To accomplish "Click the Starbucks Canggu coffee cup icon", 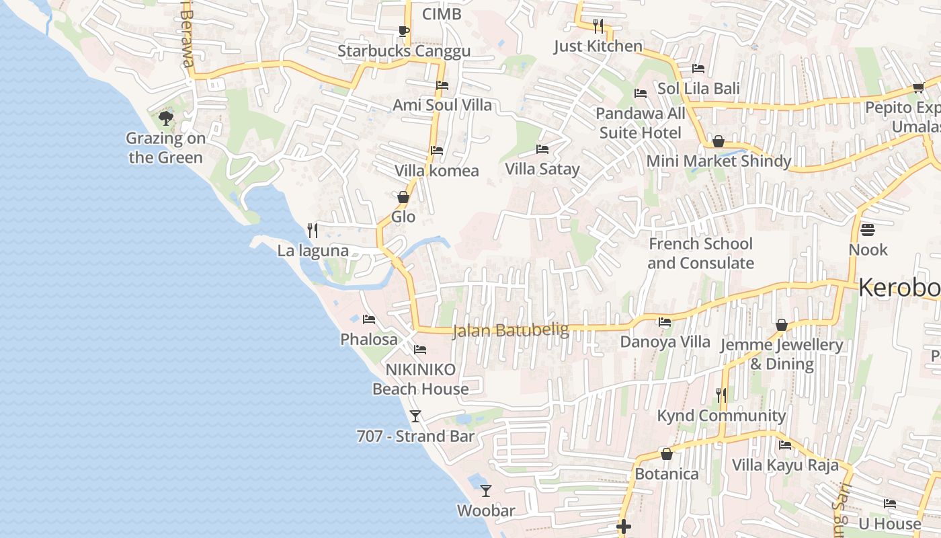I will coord(403,31).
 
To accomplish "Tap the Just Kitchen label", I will coord(598,46).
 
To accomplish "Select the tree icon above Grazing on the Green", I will coord(165,118).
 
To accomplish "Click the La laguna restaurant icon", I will coord(313,231).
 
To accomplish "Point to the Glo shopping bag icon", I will coord(403,197).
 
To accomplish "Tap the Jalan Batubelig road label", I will coord(510,330).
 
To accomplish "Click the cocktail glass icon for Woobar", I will coord(486,491).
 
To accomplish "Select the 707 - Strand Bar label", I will coord(415,436).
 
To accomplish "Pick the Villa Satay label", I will coord(542,169).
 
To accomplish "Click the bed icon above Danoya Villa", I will coord(665,322).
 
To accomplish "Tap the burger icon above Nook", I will coord(868,230).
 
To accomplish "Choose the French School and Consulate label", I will coord(700,254).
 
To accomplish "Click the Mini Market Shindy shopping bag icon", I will coord(719,141).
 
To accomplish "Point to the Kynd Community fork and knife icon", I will coord(721,395).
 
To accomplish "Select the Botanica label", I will coord(667,474).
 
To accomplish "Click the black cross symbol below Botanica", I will coord(624,527).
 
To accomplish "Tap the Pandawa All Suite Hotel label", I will coord(641,123).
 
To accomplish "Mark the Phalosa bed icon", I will coord(369,319).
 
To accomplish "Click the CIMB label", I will coord(442,13).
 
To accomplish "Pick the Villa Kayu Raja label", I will coord(785,465).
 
